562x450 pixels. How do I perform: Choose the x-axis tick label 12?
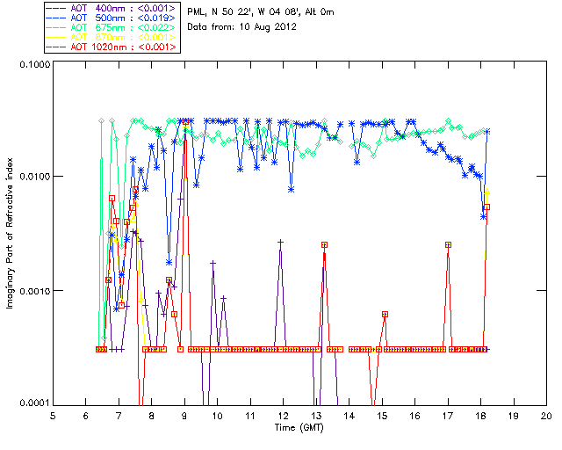point(283,416)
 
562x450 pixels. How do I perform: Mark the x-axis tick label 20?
point(546,416)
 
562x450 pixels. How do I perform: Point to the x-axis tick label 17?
point(448,416)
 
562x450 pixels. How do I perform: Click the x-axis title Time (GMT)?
point(299,428)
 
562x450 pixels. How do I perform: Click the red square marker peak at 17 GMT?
point(448,244)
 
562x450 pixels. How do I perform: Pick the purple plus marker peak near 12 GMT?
point(280,241)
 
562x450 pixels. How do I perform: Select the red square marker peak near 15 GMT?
point(385,314)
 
